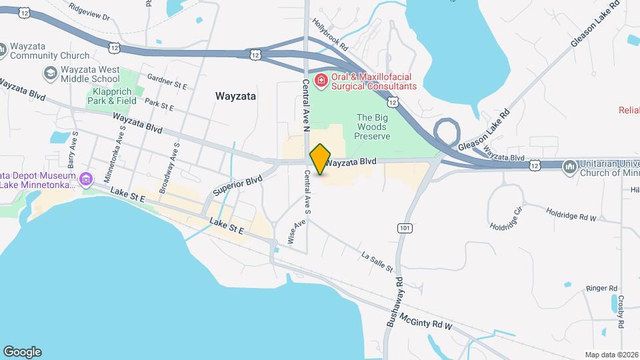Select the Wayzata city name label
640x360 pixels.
click(236, 96)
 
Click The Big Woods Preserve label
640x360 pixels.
click(372, 126)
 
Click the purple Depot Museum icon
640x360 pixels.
click(85, 179)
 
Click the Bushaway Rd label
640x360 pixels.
click(394, 301)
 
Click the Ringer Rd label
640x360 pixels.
click(601, 288)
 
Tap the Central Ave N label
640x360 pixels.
click(307, 105)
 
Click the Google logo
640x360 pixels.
click(22, 351)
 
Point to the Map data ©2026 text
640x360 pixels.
click(610, 355)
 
